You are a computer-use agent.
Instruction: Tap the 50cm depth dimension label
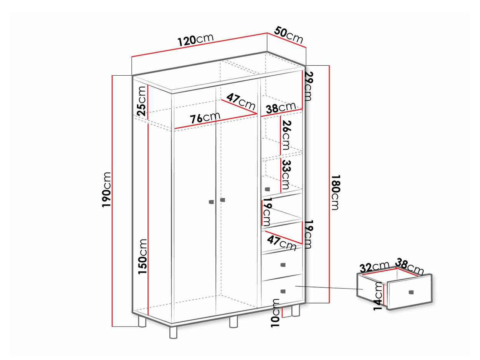click(288, 35)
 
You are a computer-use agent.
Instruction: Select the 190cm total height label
click(107, 189)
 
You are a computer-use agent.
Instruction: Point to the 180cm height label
click(335, 192)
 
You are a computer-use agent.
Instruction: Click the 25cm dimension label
click(141, 101)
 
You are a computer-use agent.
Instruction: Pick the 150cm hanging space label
click(142, 257)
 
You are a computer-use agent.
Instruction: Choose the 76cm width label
click(205, 118)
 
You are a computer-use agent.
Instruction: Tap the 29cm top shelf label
click(308, 86)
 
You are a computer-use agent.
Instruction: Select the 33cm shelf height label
click(286, 175)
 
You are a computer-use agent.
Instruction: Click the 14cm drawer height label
click(378, 296)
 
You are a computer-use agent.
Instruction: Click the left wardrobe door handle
click(211, 202)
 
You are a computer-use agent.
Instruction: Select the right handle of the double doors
click(223, 200)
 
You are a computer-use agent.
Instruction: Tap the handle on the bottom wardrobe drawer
click(283, 291)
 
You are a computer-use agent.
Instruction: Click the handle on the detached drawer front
click(411, 292)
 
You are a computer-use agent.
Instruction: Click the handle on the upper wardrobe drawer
click(283, 265)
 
